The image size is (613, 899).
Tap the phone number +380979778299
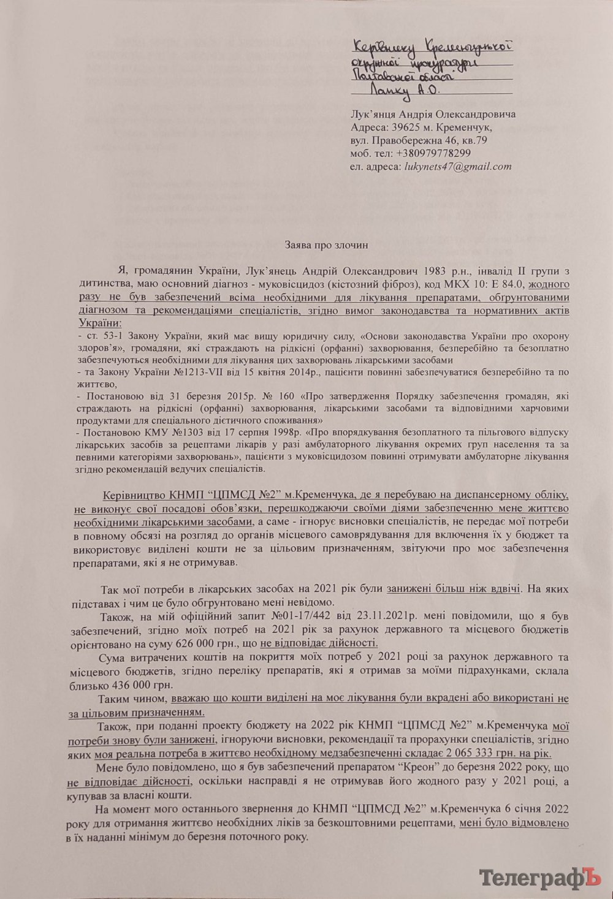pos(434,153)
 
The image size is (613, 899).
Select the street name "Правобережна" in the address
pos(400,140)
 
